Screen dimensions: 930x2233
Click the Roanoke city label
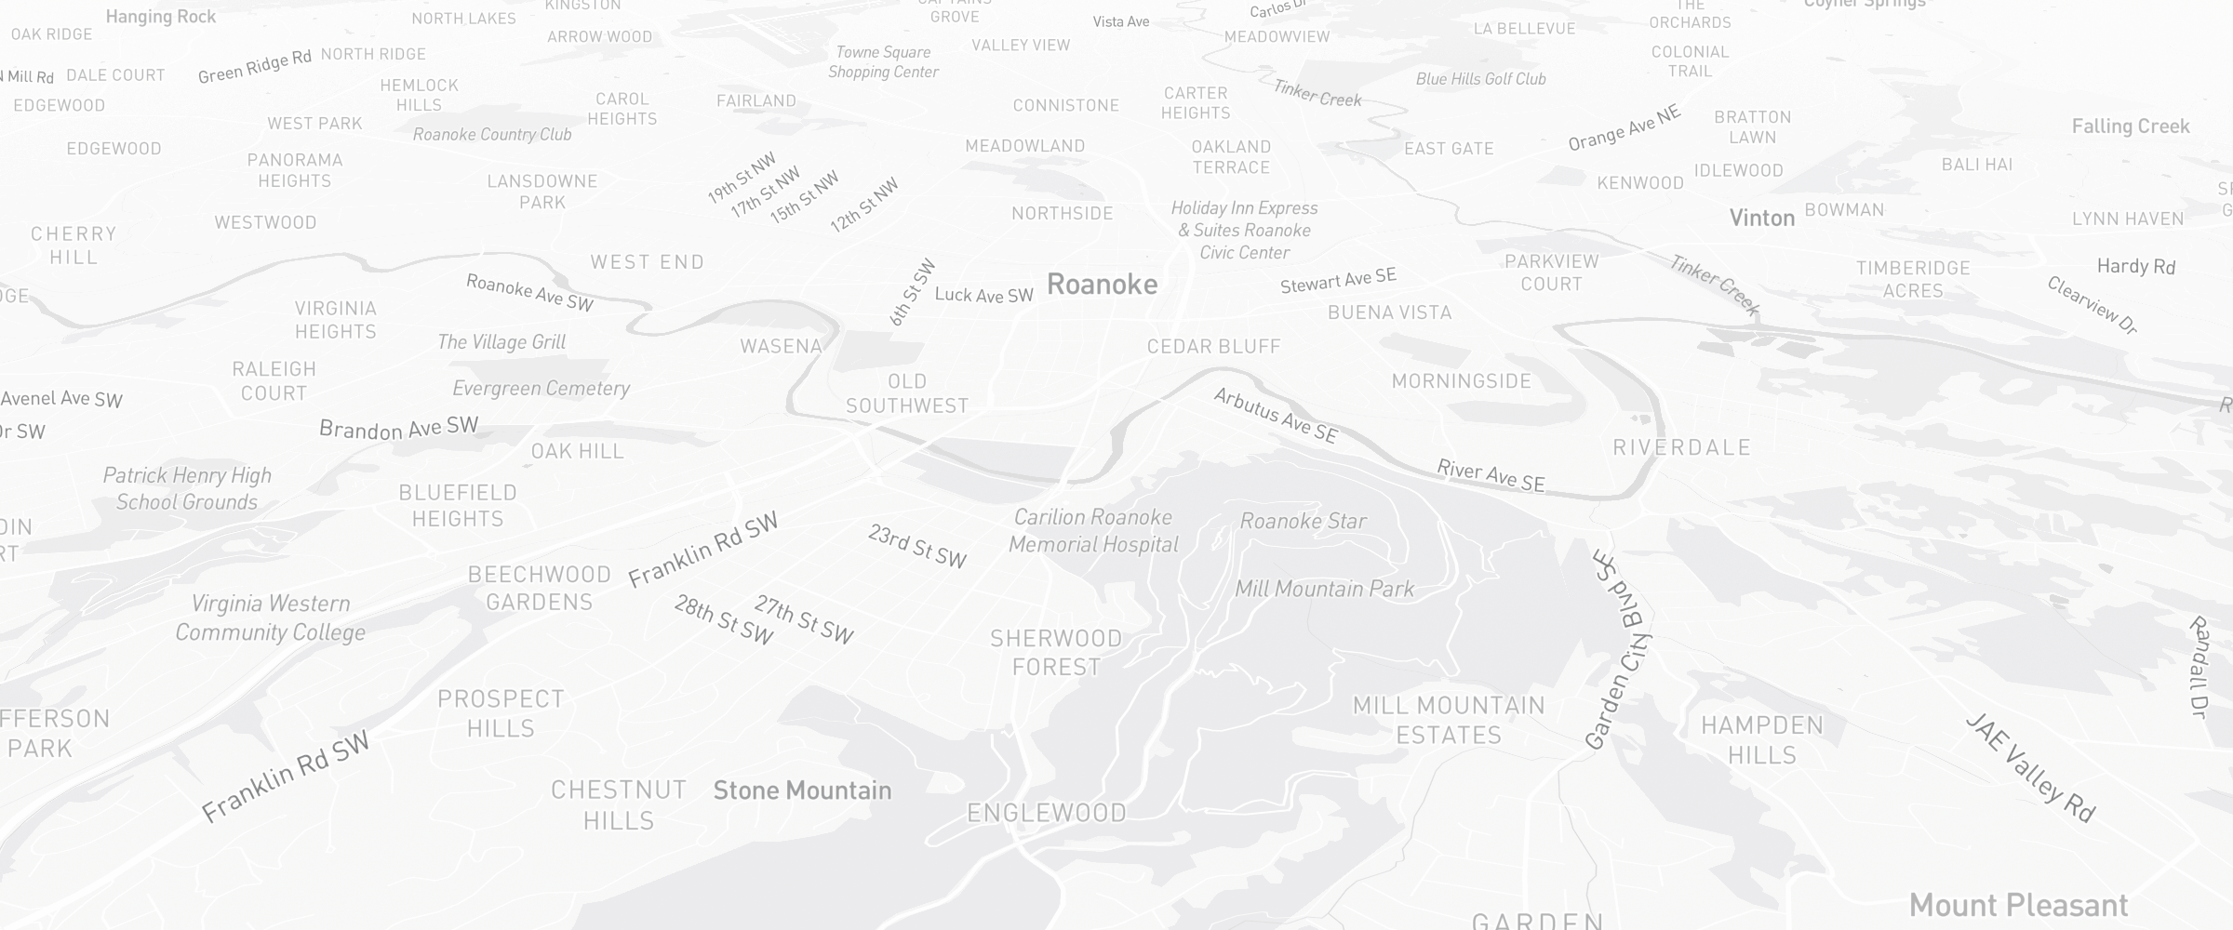(x=1102, y=285)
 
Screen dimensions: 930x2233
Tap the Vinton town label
(x=1761, y=219)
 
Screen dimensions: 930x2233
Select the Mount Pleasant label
(x=2018, y=905)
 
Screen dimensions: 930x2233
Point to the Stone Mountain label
(x=802, y=790)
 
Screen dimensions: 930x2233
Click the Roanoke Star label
(x=1303, y=522)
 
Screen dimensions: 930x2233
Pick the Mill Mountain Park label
(x=1324, y=589)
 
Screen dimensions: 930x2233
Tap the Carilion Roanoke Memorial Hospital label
(x=1093, y=531)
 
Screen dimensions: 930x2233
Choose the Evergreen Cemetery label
(x=541, y=389)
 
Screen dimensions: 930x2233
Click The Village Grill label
(x=501, y=342)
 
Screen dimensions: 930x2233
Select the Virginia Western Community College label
(x=270, y=618)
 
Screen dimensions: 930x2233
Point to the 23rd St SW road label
(x=917, y=546)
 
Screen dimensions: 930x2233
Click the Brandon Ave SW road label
(x=398, y=428)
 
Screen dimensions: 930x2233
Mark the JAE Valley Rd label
(x=2031, y=768)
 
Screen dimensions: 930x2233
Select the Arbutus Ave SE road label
(x=1276, y=415)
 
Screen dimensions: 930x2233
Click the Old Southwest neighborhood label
(x=907, y=393)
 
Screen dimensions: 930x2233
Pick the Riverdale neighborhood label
(x=1681, y=448)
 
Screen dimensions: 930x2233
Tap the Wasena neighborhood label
(x=781, y=347)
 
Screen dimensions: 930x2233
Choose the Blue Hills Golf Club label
(x=1480, y=80)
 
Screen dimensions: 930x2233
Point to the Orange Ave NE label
(x=1625, y=128)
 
